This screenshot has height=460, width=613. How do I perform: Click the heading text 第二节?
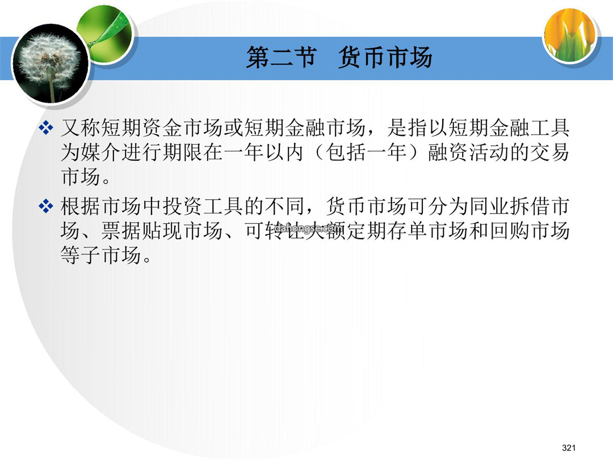pyautogui.click(x=281, y=57)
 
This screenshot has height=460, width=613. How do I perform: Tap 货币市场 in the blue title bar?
pyautogui.click(x=385, y=57)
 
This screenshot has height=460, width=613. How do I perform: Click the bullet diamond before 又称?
pyautogui.click(x=46, y=128)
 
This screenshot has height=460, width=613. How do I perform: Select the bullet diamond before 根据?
pyautogui.click(x=46, y=206)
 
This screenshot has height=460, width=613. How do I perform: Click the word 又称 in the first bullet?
pyautogui.click(x=81, y=128)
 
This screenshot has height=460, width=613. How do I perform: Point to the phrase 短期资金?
pyautogui.click(x=141, y=128)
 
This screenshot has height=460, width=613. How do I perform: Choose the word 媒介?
pyautogui.click(x=101, y=152)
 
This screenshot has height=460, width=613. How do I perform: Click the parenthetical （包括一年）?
pyautogui.click(x=366, y=152)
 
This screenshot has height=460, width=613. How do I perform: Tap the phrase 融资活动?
pyautogui.click(x=468, y=152)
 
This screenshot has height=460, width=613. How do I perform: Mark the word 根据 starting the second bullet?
pyautogui.click(x=81, y=206)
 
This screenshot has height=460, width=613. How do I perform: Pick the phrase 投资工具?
pyautogui.click(x=203, y=206)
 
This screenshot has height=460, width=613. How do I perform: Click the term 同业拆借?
pyautogui.click(x=509, y=206)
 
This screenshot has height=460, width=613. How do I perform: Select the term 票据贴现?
pyautogui.click(x=141, y=231)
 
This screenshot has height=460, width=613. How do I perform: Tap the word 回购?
pyautogui.click(x=509, y=231)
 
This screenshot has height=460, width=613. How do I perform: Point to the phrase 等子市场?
pyautogui.click(x=101, y=254)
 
